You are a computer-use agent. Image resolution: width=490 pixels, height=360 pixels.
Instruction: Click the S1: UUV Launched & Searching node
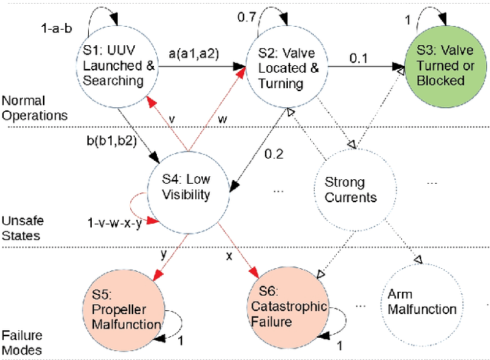[117, 68]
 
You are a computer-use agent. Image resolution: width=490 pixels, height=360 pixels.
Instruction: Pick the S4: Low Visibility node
[188, 187]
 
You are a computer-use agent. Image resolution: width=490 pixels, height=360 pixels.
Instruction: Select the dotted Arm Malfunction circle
[421, 302]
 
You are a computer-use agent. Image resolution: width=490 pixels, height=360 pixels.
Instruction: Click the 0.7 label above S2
[245, 16]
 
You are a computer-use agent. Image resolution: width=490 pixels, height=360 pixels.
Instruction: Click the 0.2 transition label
[273, 153]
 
